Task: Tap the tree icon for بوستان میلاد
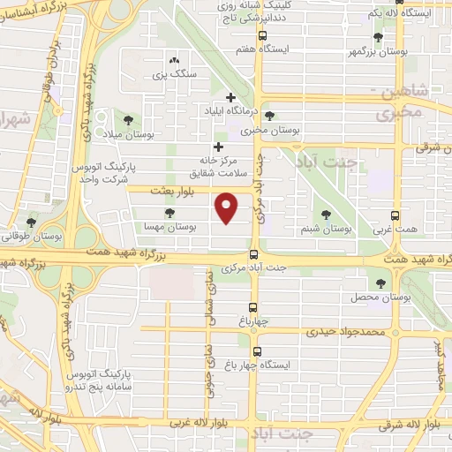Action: pos(129,119)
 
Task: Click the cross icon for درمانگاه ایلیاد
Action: pos(230,97)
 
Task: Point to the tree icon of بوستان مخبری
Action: pos(269,115)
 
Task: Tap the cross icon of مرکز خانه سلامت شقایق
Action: pos(218,147)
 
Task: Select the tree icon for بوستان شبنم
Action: pos(326,214)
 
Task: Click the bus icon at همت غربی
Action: pos(395,214)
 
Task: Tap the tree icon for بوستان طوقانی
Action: pos(32,222)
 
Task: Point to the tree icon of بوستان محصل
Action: pos(380,283)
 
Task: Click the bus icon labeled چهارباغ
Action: pos(254,307)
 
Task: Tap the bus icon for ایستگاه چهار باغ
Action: pos(254,351)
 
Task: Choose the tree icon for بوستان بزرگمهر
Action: pos(378,37)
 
